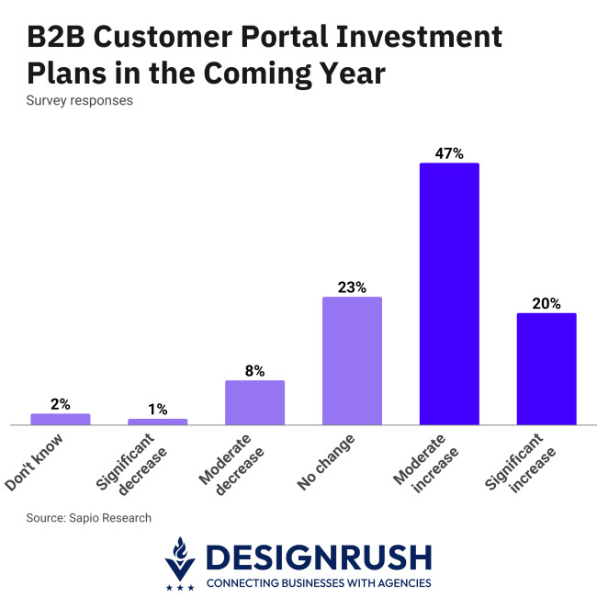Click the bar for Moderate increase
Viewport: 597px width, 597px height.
[449, 294]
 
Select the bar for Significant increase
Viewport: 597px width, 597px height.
[546, 369]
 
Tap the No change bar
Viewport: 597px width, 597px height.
[352, 361]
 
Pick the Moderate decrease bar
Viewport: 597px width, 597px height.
[254, 402]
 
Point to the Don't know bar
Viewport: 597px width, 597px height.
[61, 419]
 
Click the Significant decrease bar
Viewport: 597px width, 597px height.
[157, 422]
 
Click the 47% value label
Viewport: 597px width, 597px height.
[449, 152]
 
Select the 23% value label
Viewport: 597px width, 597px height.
[352, 287]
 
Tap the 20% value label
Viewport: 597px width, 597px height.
[546, 303]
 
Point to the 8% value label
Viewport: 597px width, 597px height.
[254, 370]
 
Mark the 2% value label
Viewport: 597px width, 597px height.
[61, 403]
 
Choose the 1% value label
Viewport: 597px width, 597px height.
[157, 409]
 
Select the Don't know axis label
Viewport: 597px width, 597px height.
[37, 463]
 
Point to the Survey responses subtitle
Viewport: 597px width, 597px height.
[79, 100]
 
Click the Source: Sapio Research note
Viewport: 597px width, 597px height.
[88, 518]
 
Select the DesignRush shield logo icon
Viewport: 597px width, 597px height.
[180, 563]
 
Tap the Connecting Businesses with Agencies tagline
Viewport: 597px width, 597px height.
[318, 582]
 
